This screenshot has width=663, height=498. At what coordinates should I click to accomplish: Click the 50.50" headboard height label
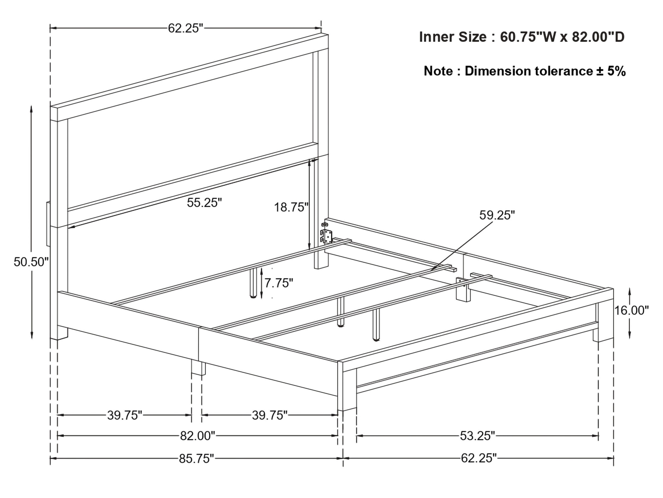[x=31, y=262]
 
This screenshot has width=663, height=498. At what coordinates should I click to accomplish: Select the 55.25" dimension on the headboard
[x=204, y=203]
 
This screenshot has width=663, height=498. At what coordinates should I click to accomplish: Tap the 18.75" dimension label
[x=291, y=207]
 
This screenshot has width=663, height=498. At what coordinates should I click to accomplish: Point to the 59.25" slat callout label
[x=497, y=215]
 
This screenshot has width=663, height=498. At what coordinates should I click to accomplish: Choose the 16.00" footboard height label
[x=631, y=310]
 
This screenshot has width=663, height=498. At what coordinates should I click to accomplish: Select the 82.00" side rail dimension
[x=198, y=436]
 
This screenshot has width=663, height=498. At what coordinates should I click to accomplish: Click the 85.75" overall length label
[x=197, y=458]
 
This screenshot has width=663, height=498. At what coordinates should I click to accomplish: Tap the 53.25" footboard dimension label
[x=478, y=436]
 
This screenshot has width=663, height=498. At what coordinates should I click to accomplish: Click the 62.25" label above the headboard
[x=185, y=28]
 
